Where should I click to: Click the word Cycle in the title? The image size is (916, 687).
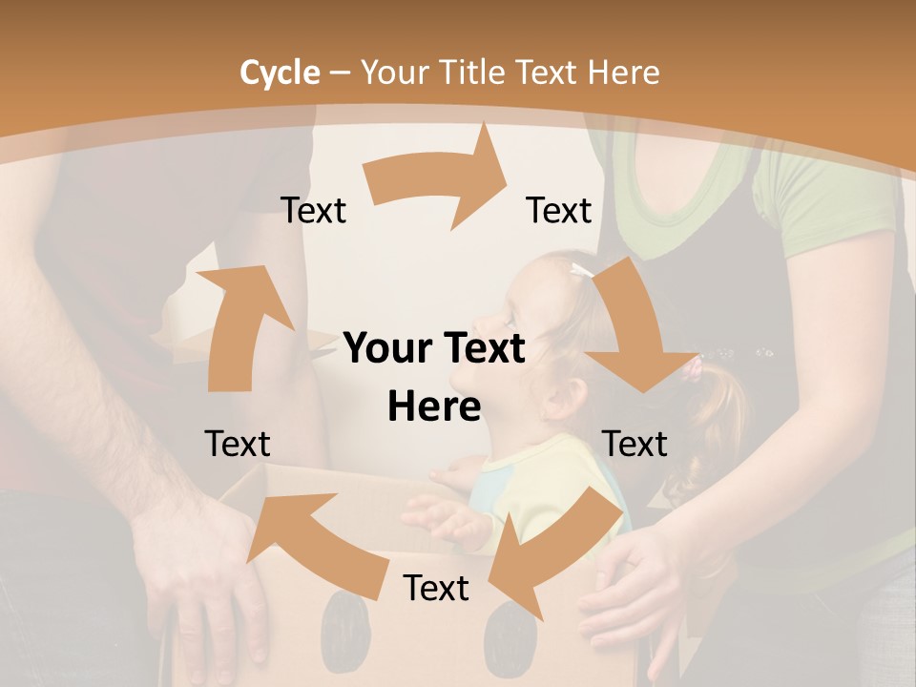[x=280, y=73]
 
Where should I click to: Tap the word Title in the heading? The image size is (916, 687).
[x=476, y=73]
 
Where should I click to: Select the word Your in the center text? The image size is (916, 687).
[x=384, y=349]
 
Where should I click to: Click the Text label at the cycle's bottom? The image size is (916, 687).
[x=436, y=589]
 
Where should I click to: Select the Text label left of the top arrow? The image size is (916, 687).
[x=314, y=211]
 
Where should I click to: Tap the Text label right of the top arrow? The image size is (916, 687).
[x=559, y=211]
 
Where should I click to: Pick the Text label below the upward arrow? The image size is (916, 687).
[x=238, y=444]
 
